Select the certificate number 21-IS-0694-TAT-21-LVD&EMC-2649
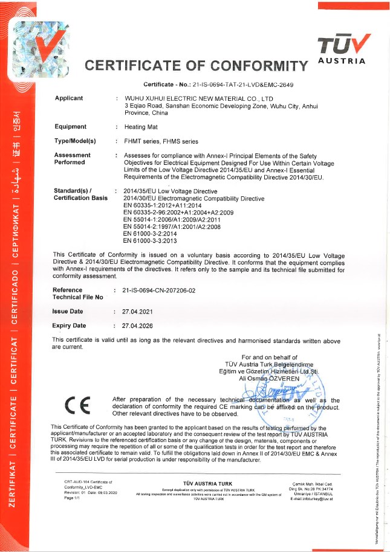coord(244,85)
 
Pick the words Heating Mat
coord(141,127)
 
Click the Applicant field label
coord(69,98)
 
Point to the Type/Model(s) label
coord(76,141)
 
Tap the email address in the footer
coord(311,499)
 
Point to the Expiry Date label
coord(69,326)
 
